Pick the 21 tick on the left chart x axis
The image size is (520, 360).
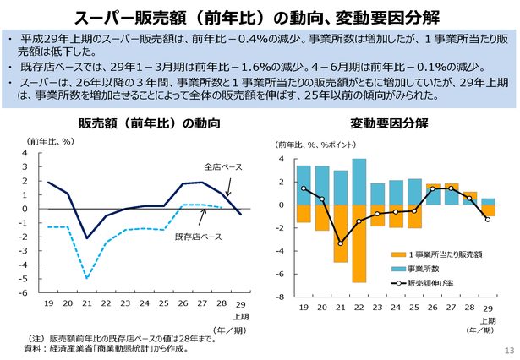click(88, 303)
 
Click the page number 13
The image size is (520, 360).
click(508, 351)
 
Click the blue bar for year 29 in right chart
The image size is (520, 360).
click(488, 201)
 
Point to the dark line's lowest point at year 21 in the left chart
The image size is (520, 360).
click(88, 238)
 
